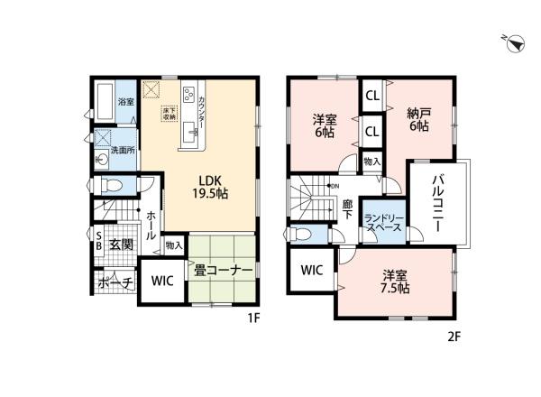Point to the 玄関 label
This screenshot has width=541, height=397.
pyautogui.click(x=122, y=244)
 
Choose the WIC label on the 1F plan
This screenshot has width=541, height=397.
pyautogui.click(x=162, y=281)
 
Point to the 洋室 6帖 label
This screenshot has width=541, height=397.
pyautogui.click(x=326, y=124)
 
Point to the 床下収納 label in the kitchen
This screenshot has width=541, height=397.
pyautogui.click(x=169, y=113)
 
